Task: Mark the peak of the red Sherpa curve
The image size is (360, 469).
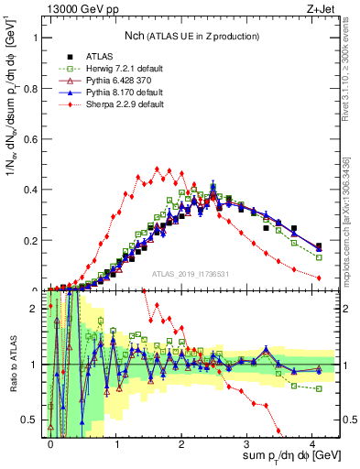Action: tap(158, 169)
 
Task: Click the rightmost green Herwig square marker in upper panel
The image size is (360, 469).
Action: tap(319, 257)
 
